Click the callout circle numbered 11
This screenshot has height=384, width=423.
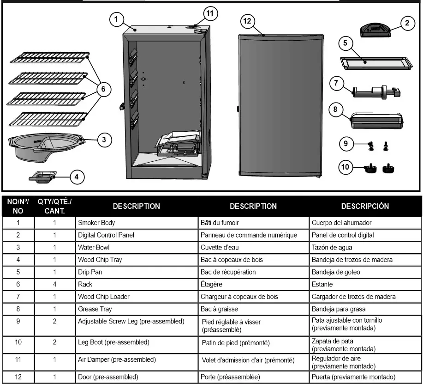pos(210,14)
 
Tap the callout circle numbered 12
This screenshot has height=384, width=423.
pos(248,21)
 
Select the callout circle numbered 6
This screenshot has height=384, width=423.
pos(105,90)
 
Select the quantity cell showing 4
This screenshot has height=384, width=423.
pos(54,284)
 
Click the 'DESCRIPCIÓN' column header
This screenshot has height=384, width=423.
pos(365,206)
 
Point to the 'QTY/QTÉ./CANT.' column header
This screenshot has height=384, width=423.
pos(54,207)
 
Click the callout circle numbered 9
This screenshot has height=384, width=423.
pos(346,143)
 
